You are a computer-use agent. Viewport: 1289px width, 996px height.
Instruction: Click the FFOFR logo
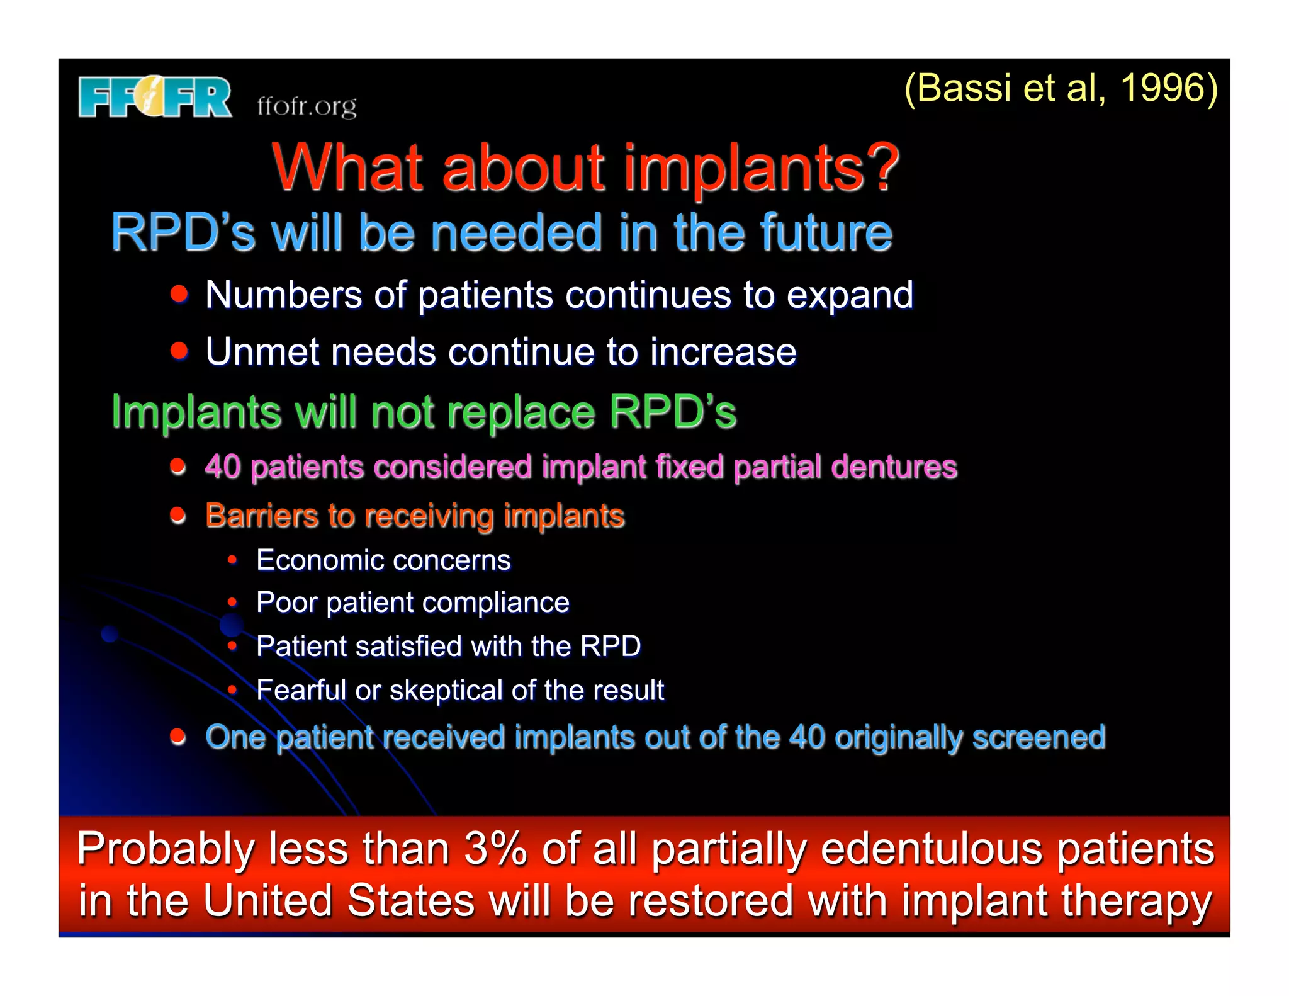155,97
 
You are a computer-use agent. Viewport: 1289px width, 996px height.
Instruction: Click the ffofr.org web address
307,106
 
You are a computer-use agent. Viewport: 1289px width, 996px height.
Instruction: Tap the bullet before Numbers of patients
179,293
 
